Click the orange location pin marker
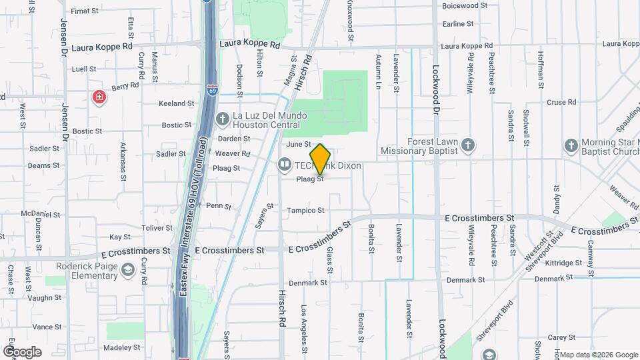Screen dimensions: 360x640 320,159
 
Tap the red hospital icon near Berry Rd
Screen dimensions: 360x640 99,98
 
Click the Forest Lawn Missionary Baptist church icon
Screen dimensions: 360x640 469,145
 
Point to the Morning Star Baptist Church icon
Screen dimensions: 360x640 571,145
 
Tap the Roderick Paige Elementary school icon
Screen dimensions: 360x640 128,270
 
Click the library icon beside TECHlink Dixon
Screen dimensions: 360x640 285,164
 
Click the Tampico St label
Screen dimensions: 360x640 305,211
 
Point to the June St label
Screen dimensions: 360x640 299,144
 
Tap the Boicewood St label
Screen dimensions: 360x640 461,5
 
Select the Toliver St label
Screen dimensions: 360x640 157,228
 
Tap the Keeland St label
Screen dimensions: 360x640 176,104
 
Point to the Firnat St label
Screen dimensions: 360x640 85,11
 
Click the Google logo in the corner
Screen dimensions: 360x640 22,351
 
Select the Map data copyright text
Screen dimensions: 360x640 598,355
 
